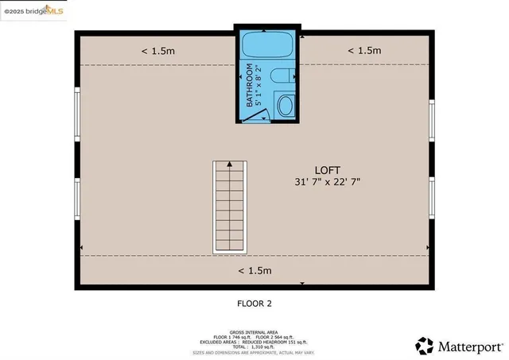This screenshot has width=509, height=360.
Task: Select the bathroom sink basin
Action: click(285, 105)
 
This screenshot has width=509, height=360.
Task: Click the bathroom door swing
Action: click(255, 114)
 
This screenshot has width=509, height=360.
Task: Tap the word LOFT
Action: click(328, 170)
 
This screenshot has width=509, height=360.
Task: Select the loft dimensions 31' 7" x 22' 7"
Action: click(328, 182)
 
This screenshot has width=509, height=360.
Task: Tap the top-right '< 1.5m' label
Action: click(364, 51)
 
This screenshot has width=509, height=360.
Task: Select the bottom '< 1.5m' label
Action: click(254, 270)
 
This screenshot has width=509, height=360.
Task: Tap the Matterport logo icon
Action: click(425, 346)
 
